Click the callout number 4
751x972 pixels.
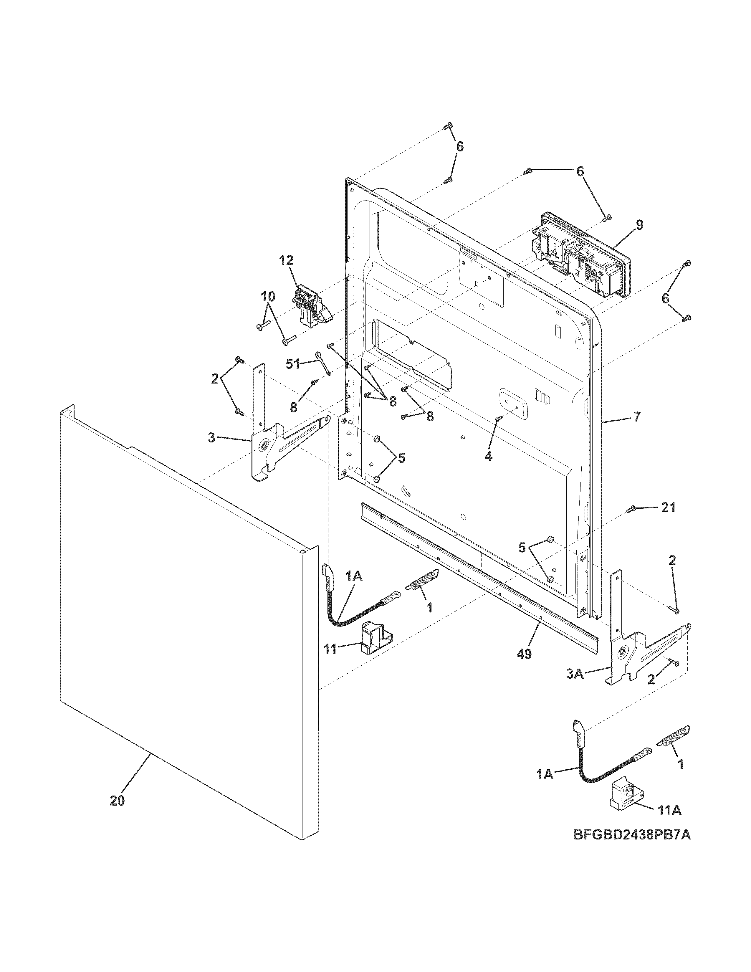click(489, 456)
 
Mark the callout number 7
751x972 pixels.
click(637, 417)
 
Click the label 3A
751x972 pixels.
click(575, 687)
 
